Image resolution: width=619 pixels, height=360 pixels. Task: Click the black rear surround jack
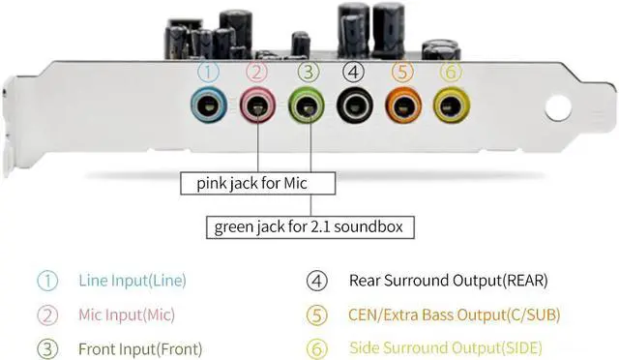[354, 104]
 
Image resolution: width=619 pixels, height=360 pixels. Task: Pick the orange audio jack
[401, 104]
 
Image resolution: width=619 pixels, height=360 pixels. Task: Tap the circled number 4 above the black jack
[354, 71]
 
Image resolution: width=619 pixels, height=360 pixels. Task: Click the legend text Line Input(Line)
[132, 281]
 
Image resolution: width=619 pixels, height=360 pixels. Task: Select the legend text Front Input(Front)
[140, 347]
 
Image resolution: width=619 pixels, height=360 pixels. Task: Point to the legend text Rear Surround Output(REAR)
[448, 281]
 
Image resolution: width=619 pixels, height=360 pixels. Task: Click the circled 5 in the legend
[315, 315]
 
